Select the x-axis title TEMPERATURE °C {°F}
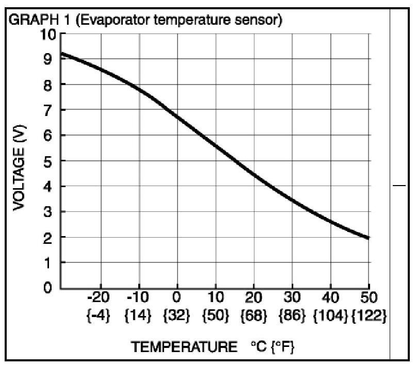click(x=212, y=346)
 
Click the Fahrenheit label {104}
click(x=330, y=315)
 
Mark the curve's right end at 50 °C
click(x=368, y=238)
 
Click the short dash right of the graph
click(x=400, y=186)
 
